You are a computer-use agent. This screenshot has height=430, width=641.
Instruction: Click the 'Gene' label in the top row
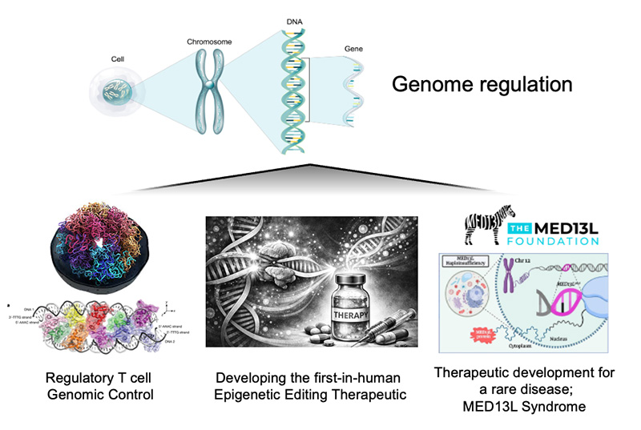353,48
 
